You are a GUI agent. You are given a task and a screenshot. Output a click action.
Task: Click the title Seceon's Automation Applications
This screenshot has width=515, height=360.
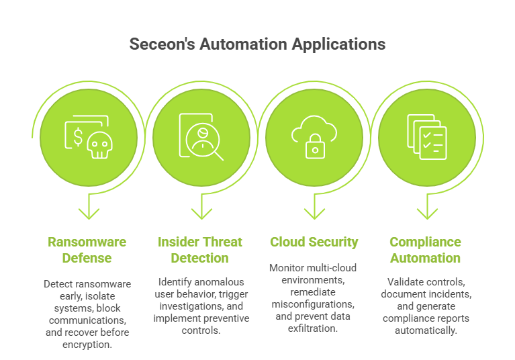point(257,44)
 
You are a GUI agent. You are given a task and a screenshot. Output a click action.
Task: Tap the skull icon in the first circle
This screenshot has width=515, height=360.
point(99,144)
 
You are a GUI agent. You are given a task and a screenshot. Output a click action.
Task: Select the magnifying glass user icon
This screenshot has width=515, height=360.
point(201,137)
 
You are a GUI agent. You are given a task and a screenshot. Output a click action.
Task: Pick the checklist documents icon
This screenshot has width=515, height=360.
point(427,137)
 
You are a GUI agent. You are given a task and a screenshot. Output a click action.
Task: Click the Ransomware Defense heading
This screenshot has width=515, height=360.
point(87,250)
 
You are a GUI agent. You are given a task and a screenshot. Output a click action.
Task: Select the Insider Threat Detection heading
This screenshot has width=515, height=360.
point(200,250)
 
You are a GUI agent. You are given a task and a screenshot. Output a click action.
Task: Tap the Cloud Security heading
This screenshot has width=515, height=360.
point(314,242)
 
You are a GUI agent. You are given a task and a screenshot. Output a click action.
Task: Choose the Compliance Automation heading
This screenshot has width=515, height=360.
point(425,250)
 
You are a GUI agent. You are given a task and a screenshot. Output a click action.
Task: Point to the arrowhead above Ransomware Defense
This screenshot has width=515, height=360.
point(89,213)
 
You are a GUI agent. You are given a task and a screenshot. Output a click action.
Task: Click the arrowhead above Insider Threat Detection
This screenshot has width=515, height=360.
point(201,213)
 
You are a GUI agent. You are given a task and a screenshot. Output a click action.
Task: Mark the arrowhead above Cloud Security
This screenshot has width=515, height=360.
point(314,213)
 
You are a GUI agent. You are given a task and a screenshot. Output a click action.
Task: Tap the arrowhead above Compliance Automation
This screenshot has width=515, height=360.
point(427,213)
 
